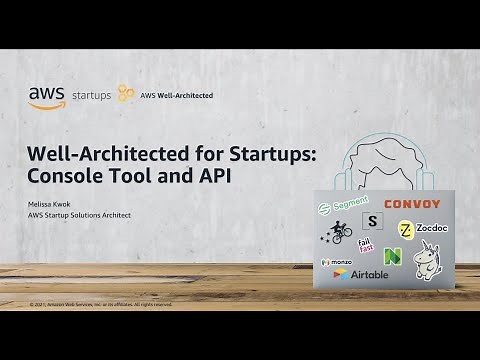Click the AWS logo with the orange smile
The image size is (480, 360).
(46, 96)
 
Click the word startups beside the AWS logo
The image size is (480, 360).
(91, 97)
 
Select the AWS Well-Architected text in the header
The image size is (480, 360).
(176, 96)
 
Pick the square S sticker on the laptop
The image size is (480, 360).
(373, 221)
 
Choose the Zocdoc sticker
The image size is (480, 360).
(420, 229)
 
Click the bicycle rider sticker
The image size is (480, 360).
(339, 234)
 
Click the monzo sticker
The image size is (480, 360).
(336, 261)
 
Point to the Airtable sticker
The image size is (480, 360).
(355, 274)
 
